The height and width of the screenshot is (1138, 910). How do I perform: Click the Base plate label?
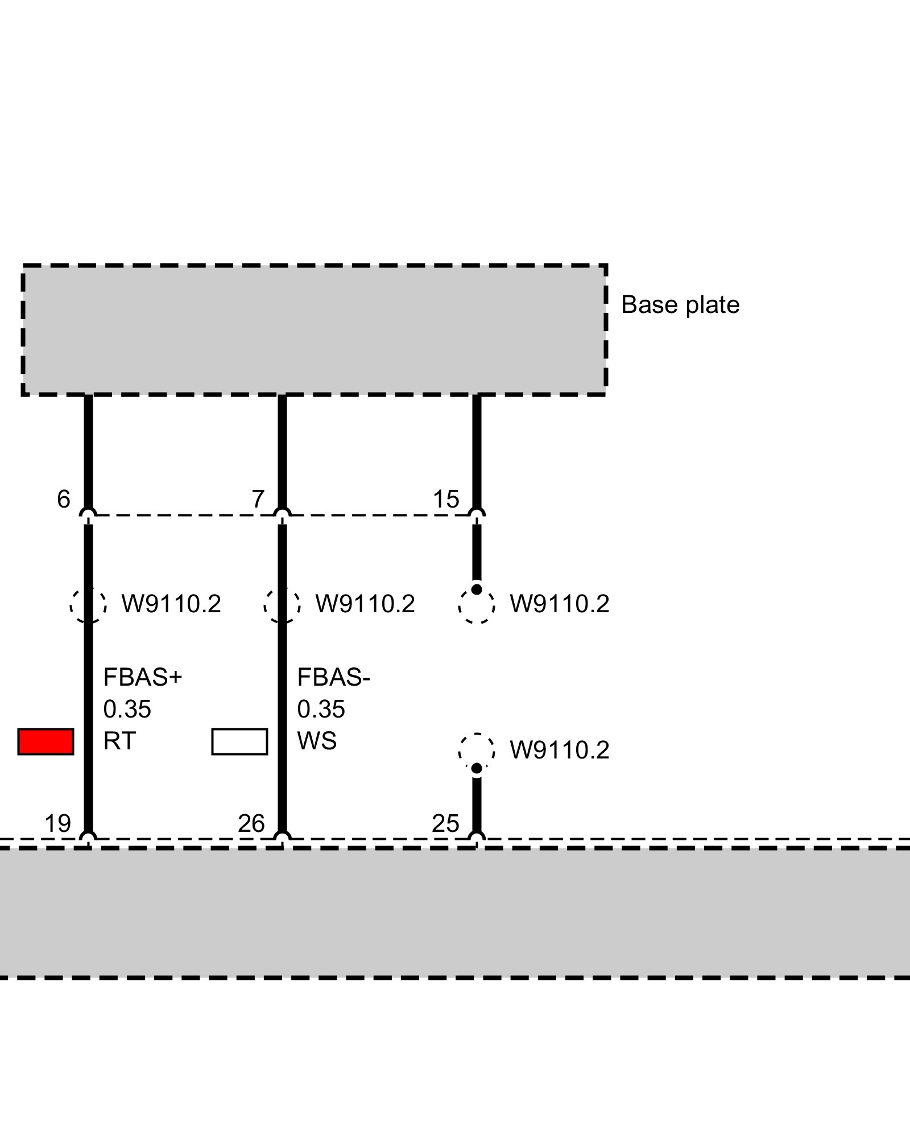680,305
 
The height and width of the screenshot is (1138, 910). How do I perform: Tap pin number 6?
64,500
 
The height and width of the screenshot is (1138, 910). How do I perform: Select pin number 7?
258,500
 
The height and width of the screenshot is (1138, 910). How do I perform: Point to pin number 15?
446,500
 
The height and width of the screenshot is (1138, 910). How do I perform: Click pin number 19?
58,823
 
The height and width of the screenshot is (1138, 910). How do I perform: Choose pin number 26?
251,823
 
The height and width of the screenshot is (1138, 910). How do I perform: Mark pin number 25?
445,823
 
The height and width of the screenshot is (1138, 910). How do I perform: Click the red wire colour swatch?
45,741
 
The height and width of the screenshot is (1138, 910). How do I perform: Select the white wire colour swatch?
239,741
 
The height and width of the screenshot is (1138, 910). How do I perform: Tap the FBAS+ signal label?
142,678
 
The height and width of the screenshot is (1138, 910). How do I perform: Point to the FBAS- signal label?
333,678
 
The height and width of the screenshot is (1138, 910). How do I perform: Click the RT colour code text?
119,741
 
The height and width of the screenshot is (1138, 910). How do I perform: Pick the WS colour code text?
317,741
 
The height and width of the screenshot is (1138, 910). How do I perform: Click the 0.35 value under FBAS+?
127,710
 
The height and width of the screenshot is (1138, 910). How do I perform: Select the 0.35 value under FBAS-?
321,710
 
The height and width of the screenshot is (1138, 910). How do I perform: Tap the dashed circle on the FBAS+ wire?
88,605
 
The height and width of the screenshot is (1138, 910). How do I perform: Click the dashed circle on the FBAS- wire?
282,605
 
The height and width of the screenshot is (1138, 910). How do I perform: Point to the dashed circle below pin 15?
477,605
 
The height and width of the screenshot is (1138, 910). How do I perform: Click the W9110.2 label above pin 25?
559,751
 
